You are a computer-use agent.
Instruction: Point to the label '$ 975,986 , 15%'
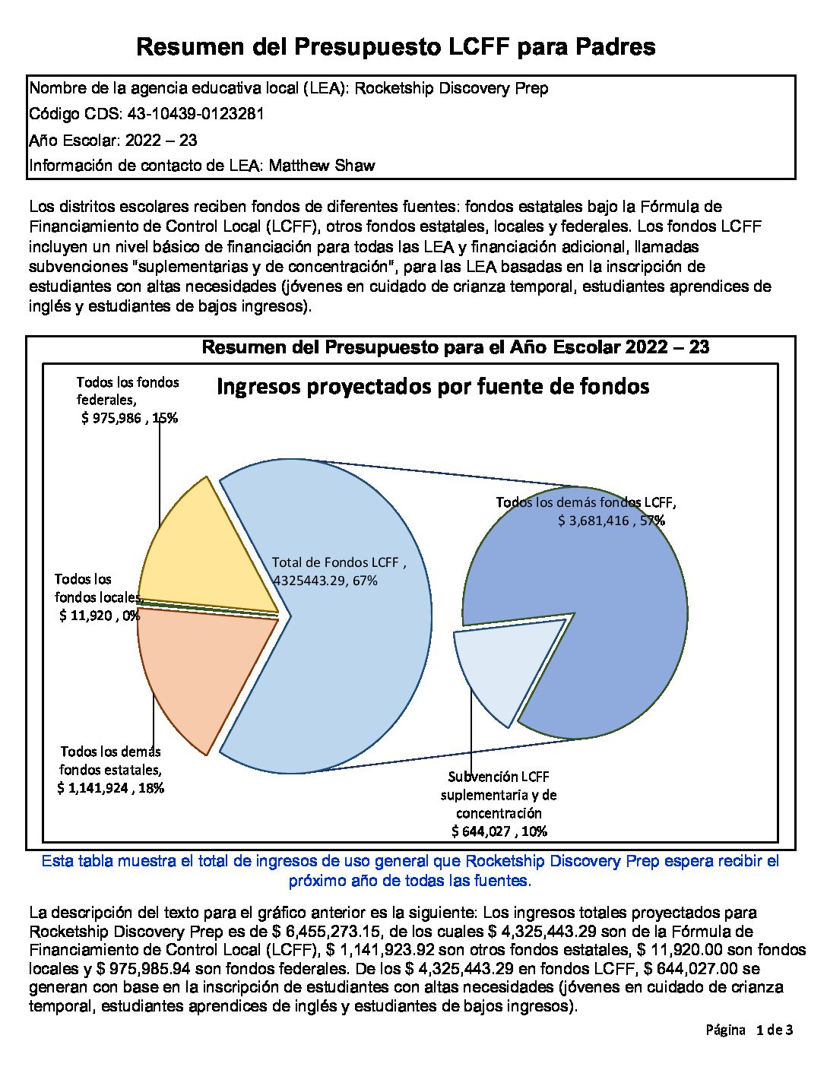click(129, 418)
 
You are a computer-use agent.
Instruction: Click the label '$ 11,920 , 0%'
click(99, 616)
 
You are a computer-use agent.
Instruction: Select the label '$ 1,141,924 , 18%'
click(110, 788)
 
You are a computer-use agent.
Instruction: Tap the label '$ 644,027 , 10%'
click(499, 831)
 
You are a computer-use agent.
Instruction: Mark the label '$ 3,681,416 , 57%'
click(611, 521)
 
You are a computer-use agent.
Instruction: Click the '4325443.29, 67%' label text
click(325, 581)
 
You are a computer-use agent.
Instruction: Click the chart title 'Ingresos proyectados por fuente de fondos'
click(433, 387)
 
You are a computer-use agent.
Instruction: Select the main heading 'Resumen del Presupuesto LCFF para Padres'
click(395, 47)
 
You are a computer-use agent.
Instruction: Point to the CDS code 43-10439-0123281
click(196, 114)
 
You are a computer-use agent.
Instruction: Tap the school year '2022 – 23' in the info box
click(161, 140)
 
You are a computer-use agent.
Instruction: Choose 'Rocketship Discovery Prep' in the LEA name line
click(452, 88)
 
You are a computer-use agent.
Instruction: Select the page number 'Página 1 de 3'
click(749, 1030)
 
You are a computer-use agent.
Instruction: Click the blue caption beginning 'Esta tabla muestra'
click(410, 871)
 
